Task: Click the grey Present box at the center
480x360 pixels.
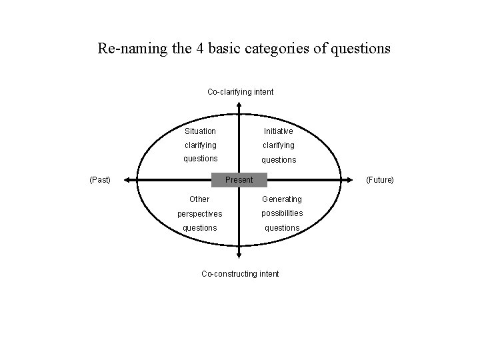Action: [239, 180]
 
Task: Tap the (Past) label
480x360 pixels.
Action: [99, 180]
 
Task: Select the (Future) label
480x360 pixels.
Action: [380, 180]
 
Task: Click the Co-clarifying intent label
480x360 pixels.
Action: [240, 91]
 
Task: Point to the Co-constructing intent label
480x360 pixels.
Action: [240, 273]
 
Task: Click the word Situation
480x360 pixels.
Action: [200, 131]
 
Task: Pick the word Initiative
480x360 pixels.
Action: [278, 131]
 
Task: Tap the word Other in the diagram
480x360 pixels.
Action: [199, 199]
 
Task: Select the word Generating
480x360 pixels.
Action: [281, 199]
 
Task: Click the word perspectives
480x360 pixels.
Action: [199, 214]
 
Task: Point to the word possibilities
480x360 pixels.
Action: [281, 213]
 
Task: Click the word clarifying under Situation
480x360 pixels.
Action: [200, 145]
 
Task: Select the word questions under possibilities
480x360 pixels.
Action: [282, 228]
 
